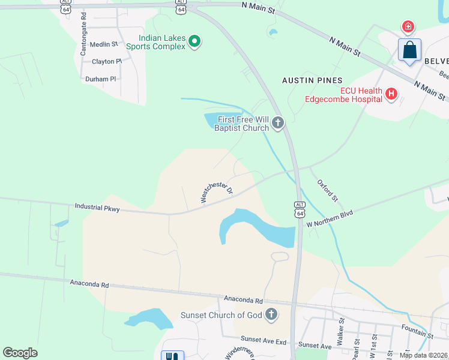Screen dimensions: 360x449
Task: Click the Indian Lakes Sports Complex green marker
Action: pyautogui.click(x=194, y=41)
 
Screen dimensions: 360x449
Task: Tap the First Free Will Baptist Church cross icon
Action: pyautogui.click(x=277, y=123)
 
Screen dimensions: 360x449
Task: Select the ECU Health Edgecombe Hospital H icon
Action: pyautogui.click(x=391, y=94)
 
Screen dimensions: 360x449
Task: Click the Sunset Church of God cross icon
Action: pyautogui.click(x=271, y=314)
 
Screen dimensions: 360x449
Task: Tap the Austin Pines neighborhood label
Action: pyautogui.click(x=312, y=80)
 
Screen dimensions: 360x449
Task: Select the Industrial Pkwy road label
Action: pyautogui.click(x=97, y=208)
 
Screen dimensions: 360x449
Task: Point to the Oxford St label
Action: pyautogui.click(x=328, y=190)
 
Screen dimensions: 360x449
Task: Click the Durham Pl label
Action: pyautogui.click(x=100, y=79)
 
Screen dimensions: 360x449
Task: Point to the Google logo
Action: pyautogui.click(x=20, y=353)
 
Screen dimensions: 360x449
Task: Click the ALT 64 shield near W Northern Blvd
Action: pyautogui.click(x=300, y=209)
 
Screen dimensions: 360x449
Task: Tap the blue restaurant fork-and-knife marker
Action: pyautogui.click(x=172, y=355)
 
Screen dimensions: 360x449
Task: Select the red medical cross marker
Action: pyautogui.click(x=408, y=26)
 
